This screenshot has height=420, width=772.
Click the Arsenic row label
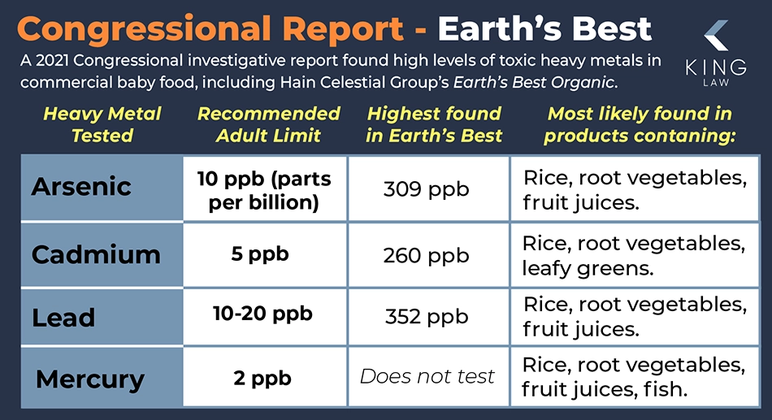point(81,187)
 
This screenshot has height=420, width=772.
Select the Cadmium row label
point(96,254)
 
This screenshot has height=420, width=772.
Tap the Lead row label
point(63,318)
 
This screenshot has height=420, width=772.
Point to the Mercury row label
point(90,379)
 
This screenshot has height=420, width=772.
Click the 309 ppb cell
point(427,189)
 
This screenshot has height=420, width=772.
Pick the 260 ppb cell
point(427,256)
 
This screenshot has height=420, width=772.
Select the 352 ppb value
point(427,317)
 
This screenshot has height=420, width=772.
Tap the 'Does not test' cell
point(427,377)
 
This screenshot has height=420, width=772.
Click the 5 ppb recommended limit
point(260,254)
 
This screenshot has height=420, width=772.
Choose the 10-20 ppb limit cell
point(263,314)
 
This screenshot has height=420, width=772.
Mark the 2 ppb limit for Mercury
point(262,379)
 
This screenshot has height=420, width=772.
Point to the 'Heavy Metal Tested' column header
point(102,124)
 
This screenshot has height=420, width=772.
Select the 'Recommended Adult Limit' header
point(269,124)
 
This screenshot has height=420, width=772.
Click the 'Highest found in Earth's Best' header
point(434,124)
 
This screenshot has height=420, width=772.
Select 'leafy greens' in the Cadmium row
point(588,269)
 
